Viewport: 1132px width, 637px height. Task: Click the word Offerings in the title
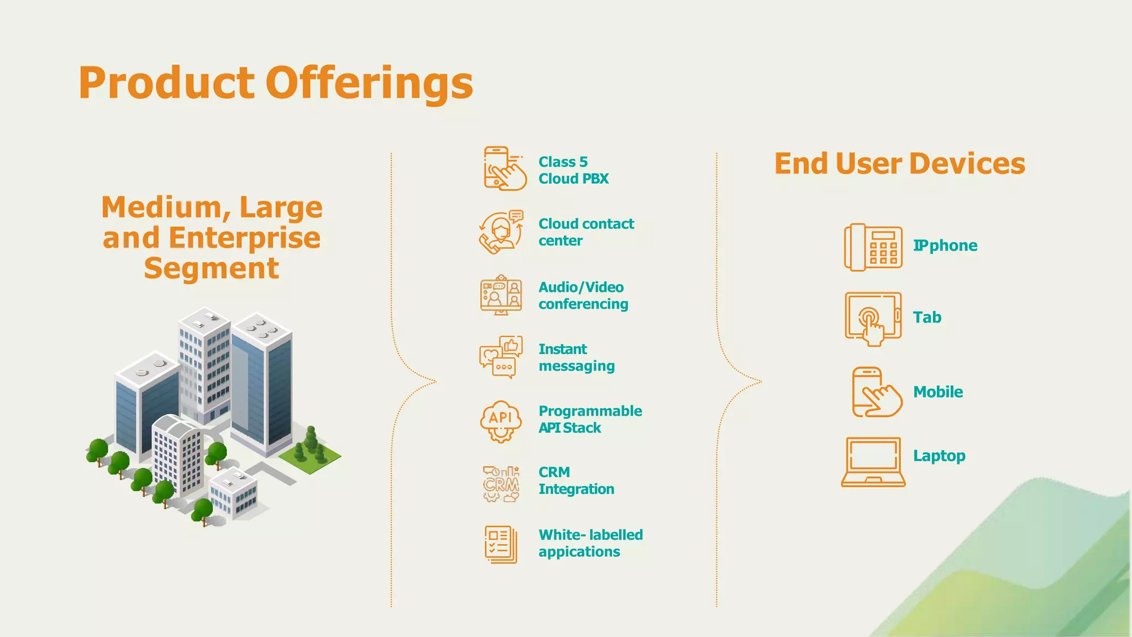369,83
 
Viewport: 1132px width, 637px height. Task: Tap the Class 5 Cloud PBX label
573,170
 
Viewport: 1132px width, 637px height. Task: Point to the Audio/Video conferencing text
583,296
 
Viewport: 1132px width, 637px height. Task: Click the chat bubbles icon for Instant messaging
501,357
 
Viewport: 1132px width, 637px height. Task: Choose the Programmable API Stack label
590,419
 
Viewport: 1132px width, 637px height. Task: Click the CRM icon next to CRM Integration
501,483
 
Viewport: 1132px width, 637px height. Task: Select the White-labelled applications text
590,543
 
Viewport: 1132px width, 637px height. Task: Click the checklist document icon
501,544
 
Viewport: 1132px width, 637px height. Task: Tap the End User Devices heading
899,164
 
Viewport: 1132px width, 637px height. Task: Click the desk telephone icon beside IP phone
873,247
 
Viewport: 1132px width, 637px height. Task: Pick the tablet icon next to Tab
873,318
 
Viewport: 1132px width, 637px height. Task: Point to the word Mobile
937,392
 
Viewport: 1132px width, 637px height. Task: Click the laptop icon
873,461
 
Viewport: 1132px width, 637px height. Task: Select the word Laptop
939,456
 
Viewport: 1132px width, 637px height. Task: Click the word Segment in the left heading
211,269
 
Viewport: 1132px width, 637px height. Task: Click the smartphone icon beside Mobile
876,392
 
